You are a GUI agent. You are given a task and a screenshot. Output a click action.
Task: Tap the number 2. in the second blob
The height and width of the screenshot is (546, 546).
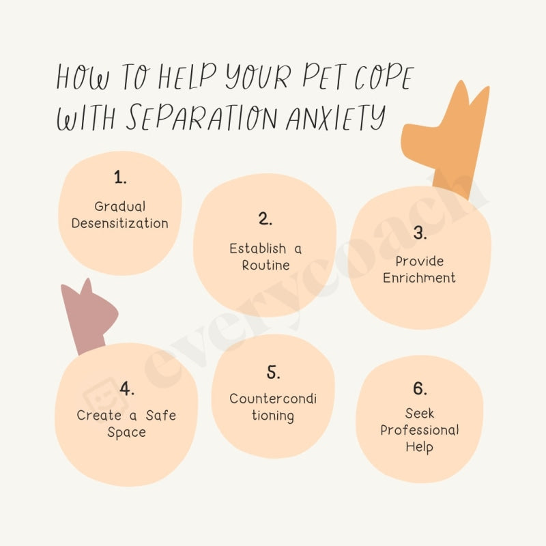tap(265, 219)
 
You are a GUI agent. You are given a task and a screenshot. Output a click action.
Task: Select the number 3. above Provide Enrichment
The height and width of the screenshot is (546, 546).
tap(420, 233)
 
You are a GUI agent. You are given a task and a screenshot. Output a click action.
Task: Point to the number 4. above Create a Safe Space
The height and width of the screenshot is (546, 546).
tap(126, 388)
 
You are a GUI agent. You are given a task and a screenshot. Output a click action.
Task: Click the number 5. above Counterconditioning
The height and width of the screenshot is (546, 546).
tap(273, 373)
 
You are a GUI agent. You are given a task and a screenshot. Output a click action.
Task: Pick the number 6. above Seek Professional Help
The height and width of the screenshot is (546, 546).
tap(419, 388)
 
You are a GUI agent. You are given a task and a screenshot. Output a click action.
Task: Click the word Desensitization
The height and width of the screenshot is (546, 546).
tap(120, 223)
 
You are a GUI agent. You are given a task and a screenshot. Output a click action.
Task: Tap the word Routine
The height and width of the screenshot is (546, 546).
tap(266, 265)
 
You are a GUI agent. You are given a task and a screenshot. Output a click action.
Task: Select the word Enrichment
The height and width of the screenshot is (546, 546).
tap(419, 278)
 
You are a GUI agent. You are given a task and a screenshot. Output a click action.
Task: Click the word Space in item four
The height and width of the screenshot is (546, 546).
tap(126, 433)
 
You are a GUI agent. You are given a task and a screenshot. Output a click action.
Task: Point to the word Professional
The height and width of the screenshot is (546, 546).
tap(419, 431)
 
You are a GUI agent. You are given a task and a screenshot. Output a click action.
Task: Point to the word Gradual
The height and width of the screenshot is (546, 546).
tap(120, 206)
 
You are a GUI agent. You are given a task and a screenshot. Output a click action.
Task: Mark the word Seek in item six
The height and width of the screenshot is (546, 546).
tap(419, 414)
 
